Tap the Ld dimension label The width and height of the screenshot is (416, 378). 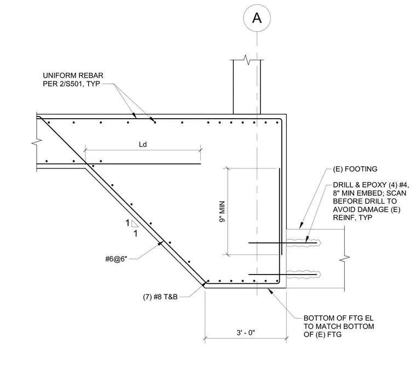[143, 144]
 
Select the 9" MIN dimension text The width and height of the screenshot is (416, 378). [222, 212]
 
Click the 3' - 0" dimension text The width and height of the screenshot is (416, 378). [246, 333]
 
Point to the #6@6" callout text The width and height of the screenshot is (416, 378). [116, 259]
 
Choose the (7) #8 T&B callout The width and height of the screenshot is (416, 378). [160, 296]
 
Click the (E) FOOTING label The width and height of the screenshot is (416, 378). [355, 169]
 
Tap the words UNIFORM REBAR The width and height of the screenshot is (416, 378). [73, 75]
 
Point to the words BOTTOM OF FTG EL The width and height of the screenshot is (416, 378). [338, 318]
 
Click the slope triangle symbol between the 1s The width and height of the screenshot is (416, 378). [135, 224]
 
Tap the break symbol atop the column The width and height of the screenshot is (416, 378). [247, 60]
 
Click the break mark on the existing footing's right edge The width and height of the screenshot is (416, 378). [345, 257]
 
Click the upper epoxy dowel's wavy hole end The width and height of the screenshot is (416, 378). [319, 243]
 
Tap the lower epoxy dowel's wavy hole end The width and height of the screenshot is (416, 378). [319, 275]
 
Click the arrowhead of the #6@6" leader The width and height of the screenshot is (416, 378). [161, 243]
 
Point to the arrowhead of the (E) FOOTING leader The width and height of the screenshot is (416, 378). [301, 226]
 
